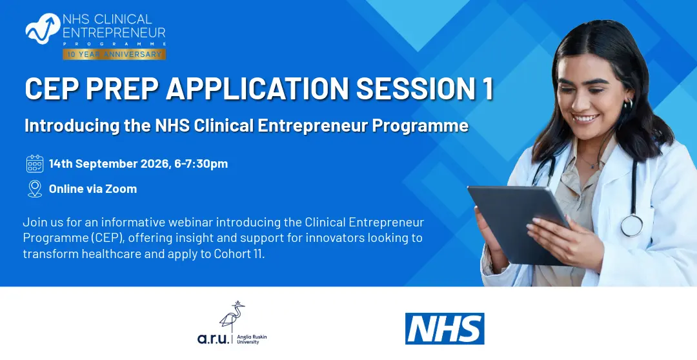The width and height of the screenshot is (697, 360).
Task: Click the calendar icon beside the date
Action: coord(35,164)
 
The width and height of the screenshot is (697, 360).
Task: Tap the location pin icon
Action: coord(35,189)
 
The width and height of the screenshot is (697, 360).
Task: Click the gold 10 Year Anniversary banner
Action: coord(114,54)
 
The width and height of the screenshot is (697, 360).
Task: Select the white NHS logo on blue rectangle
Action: coord(445,328)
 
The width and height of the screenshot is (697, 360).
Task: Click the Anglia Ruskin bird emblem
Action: coord(232,315)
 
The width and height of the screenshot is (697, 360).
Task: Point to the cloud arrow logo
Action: coord(43,28)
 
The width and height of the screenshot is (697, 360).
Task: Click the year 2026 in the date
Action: coord(155,164)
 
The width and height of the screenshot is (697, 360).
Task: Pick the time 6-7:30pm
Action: coord(201,164)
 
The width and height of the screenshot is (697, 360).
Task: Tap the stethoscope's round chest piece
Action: coord(632,225)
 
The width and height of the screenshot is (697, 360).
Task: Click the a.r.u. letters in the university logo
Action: coord(214,339)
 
